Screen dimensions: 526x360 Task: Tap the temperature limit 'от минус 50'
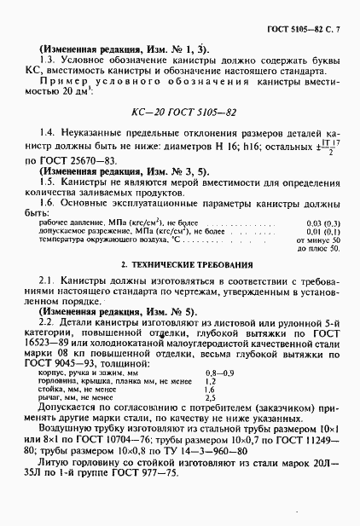pos(323,240)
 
